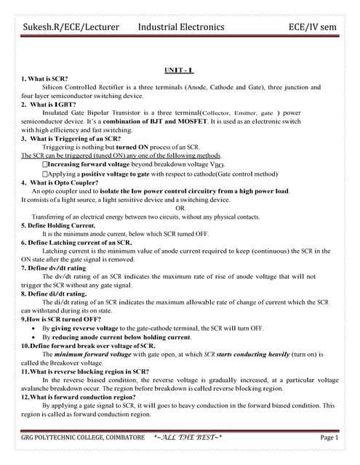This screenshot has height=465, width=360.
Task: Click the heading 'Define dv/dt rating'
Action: click(55, 268)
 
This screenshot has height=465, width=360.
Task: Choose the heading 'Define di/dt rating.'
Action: click(55, 294)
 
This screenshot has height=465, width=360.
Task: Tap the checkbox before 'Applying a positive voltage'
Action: click(47, 174)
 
